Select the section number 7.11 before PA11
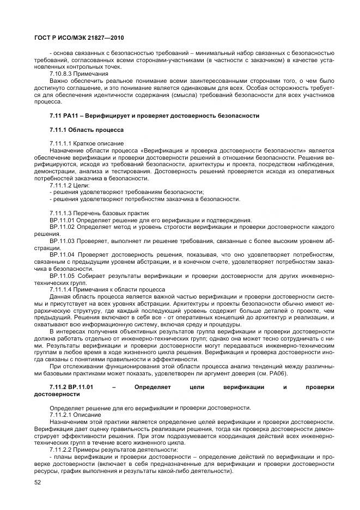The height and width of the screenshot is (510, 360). [x=55, y=116]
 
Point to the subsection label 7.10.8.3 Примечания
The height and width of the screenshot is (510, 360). [x=78, y=72]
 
